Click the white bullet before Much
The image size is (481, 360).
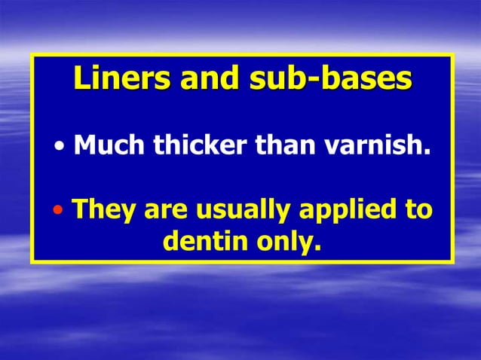click(x=61, y=145)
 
